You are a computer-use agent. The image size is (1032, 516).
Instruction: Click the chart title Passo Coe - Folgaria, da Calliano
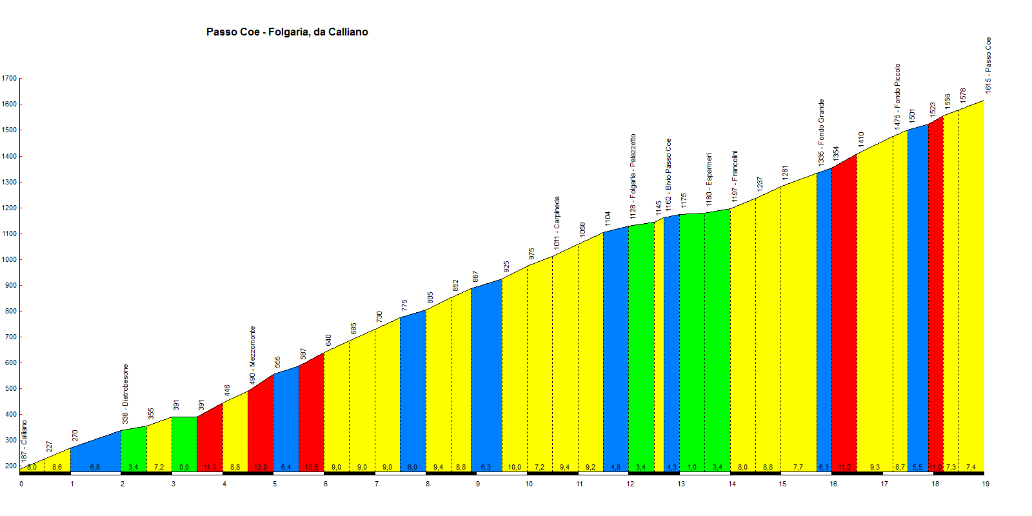[287, 32]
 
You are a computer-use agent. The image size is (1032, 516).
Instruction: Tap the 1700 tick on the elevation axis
[9, 79]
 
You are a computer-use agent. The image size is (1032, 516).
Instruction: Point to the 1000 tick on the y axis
[9, 260]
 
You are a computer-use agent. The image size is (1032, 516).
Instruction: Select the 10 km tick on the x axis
[529, 484]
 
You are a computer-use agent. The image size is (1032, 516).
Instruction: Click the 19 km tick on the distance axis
[986, 484]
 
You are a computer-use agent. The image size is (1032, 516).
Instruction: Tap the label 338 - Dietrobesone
[126, 394]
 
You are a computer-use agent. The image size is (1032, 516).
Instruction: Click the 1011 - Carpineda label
[557, 223]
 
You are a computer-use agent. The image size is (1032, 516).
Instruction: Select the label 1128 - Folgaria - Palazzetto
[633, 175]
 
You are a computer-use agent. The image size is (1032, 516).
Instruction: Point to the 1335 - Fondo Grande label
[821, 133]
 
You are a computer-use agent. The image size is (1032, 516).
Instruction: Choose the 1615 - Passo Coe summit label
[988, 65]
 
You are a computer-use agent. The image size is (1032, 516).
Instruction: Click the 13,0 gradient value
[261, 467]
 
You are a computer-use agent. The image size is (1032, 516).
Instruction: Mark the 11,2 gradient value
[844, 467]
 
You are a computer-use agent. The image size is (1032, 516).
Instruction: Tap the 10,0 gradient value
[514, 467]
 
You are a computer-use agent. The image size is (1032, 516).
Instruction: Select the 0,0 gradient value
[184, 467]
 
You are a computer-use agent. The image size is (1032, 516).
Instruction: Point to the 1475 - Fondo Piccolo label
[897, 95]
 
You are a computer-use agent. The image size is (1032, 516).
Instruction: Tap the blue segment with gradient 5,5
[918, 290]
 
